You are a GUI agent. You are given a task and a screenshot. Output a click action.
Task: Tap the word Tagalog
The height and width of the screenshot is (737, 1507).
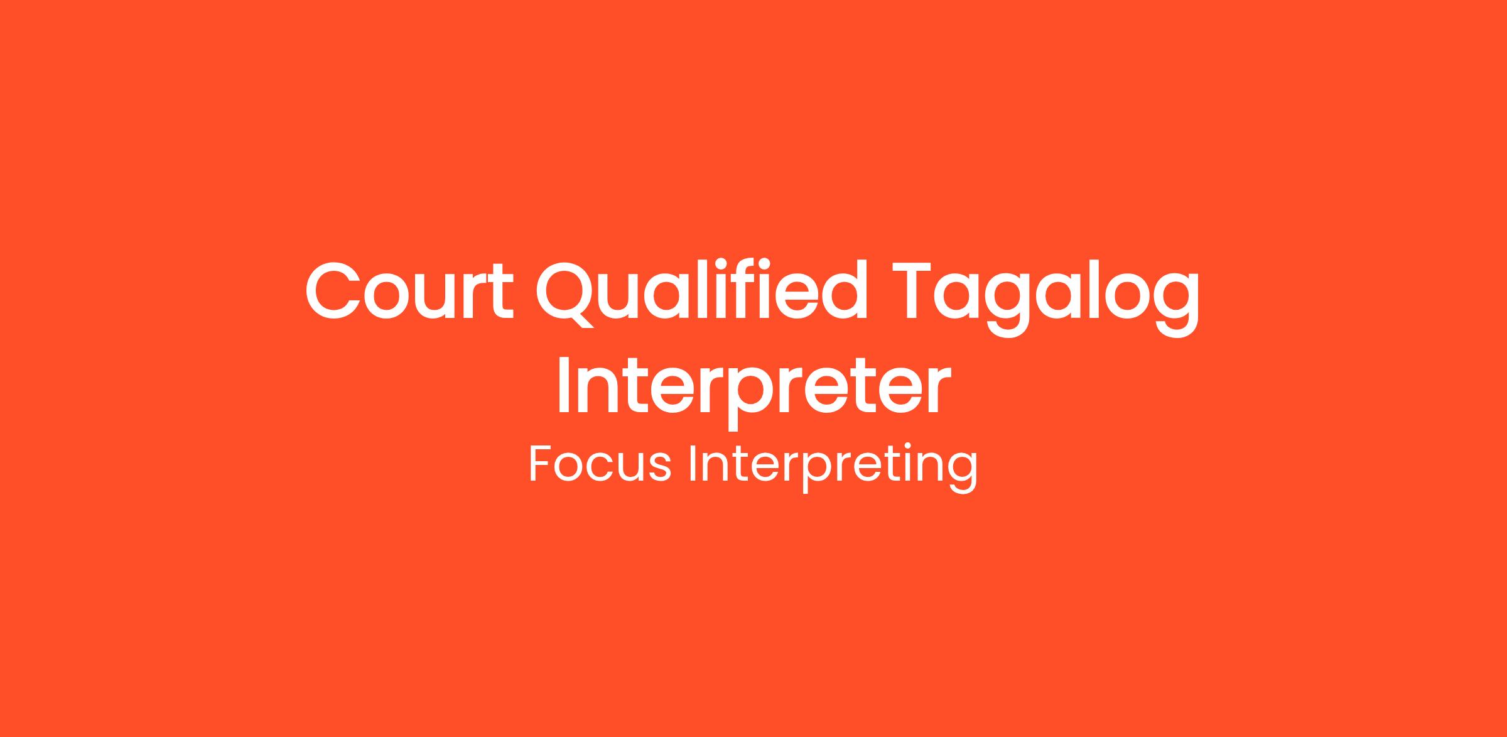tap(1045, 298)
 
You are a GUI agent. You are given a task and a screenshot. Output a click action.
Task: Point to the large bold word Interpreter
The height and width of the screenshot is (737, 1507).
tap(753, 385)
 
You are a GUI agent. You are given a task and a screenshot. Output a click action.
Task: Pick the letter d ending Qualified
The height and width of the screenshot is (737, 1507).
tap(843, 289)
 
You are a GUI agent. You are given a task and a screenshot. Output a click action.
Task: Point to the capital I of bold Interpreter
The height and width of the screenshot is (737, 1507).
tap(563, 385)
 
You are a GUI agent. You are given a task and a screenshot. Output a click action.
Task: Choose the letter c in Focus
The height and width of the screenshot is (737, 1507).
tap(594, 469)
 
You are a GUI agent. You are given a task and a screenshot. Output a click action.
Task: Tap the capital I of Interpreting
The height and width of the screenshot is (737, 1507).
tap(693, 464)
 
